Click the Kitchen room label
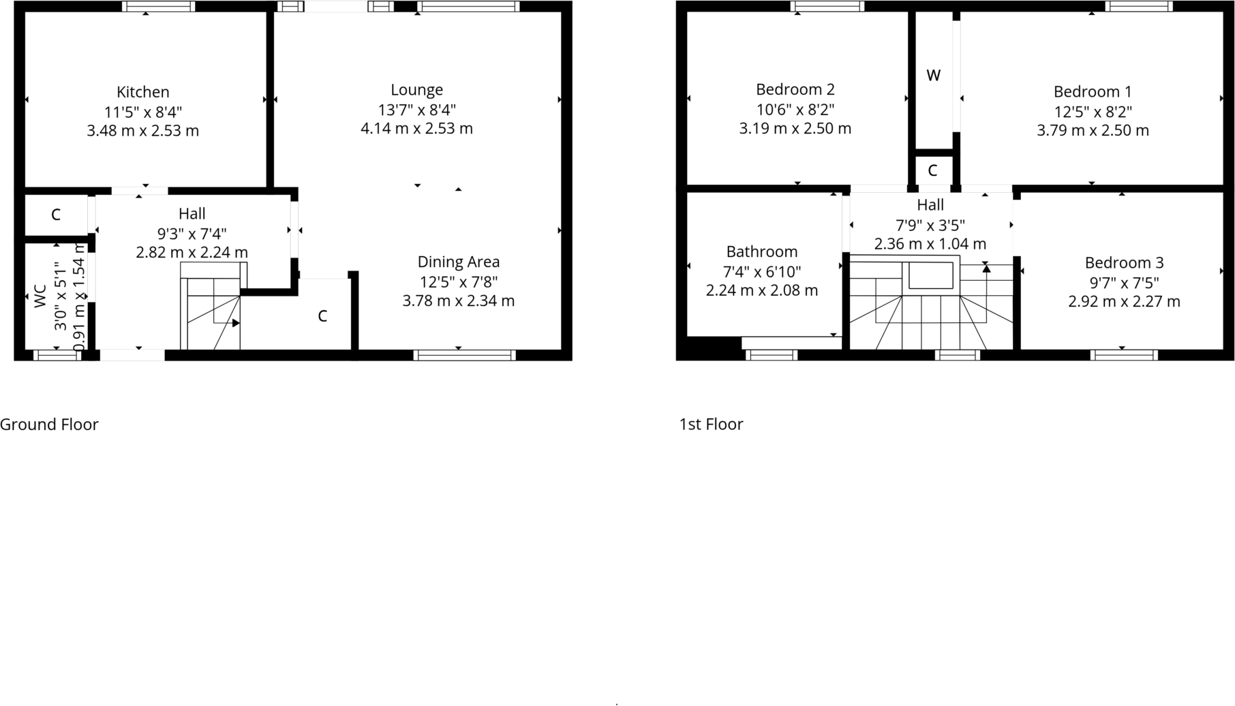142,92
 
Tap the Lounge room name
416,90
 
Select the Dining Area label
458,262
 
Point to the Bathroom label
761,252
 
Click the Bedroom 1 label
1092,92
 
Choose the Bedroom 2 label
795,89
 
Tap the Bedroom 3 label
1124,263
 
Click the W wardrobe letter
933,76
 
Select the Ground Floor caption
49,425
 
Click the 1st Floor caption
711,425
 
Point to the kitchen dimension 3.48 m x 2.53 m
142,131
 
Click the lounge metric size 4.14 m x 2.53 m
416,129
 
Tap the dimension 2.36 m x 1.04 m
930,244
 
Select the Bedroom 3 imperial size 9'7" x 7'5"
1124,282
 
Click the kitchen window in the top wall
158,7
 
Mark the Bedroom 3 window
1123,355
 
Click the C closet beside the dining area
322,316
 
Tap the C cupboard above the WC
56,215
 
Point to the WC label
40,296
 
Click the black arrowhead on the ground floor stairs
235,323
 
